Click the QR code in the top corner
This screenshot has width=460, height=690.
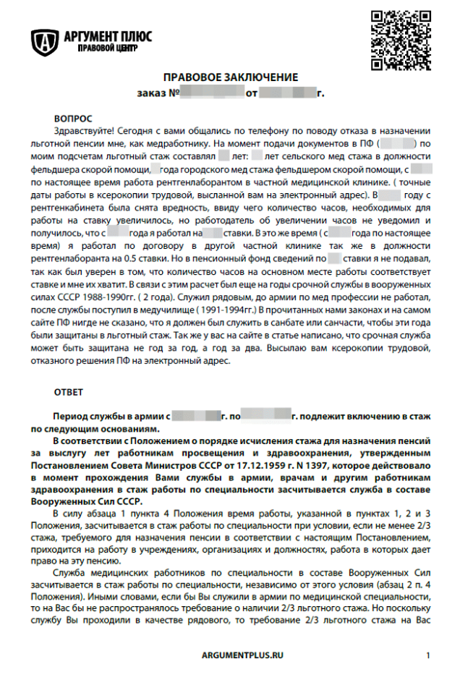coord(400,40)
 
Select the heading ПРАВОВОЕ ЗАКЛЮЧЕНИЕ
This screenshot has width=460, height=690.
coord(230,77)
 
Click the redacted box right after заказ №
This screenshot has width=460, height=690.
coord(211,94)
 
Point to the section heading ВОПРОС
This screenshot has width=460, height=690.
coord(73,117)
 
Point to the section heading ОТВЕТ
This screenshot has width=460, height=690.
coord(69,392)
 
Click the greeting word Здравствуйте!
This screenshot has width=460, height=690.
coord(84,131)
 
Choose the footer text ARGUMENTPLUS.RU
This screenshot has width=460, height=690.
coord(242,655)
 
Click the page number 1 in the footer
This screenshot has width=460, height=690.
coord(427,655)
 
